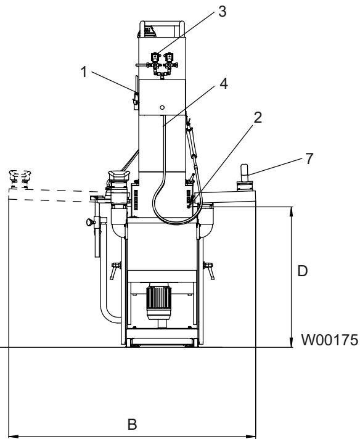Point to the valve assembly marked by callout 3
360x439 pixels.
pyautogui.click(x=162, y=62)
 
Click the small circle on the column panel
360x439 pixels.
pyautogui.click(x=162, y=107)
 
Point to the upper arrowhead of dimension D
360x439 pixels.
pyautogui.click(x=292, y=210)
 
